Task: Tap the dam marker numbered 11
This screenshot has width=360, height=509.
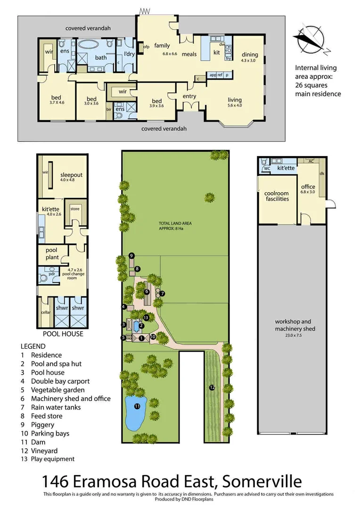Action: tap(137, 406)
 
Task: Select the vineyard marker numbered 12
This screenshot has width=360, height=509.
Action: tap(213, 387)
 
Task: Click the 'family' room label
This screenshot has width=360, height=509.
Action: tap(162, 46)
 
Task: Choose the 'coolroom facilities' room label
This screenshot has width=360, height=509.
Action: tap(277, 196)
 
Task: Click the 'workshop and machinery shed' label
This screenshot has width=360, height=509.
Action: tap(295, 325)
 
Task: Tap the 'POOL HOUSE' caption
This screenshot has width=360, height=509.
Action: tap(63, 334)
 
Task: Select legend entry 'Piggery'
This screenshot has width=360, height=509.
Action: tap(43, 425)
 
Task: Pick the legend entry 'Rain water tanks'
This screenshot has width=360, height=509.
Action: tap(56, 407)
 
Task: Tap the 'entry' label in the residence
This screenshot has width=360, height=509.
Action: tap(189, 97)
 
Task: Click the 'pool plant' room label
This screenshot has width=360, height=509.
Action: tap(52, 254)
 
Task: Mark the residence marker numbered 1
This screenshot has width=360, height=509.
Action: tap(141, 338)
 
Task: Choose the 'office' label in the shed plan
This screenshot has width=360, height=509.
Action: tap(308, 187)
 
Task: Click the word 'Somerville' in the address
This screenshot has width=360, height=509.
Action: tap(262, 482)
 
